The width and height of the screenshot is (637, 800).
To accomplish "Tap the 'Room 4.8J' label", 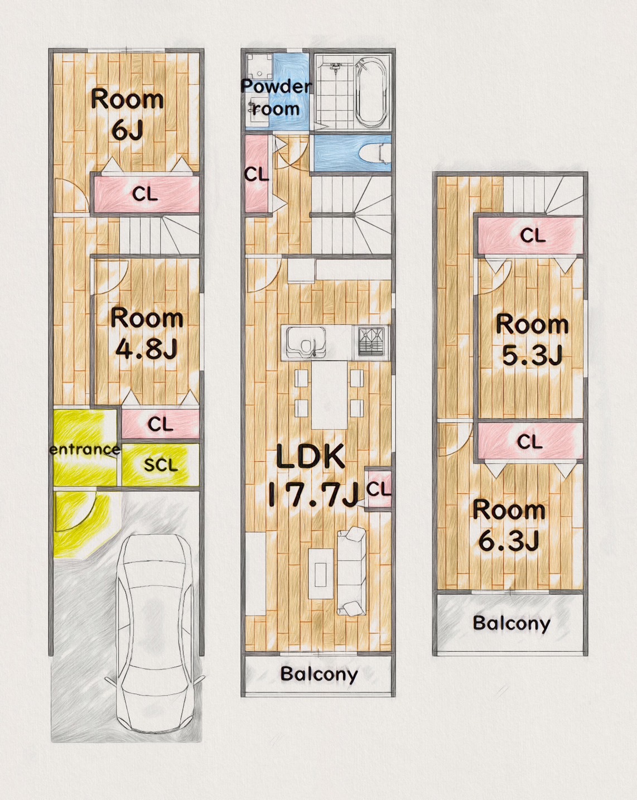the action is coord(147,334).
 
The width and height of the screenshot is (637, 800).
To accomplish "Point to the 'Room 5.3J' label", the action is coord(532,339).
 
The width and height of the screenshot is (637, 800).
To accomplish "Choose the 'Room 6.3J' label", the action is coord(509,526).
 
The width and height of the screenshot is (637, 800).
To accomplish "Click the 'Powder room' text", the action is coord(276,98).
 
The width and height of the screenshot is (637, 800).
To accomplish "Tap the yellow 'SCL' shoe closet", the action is coord(161,464).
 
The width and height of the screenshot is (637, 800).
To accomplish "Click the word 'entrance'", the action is coord(85,450).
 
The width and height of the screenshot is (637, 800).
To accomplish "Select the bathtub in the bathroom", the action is coord(369,93).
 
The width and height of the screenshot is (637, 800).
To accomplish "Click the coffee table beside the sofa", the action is coord(320,574).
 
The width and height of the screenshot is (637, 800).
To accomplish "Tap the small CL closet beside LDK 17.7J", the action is coord(378,489).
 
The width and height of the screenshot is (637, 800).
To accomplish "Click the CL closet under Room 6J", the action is coord(146,194).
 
